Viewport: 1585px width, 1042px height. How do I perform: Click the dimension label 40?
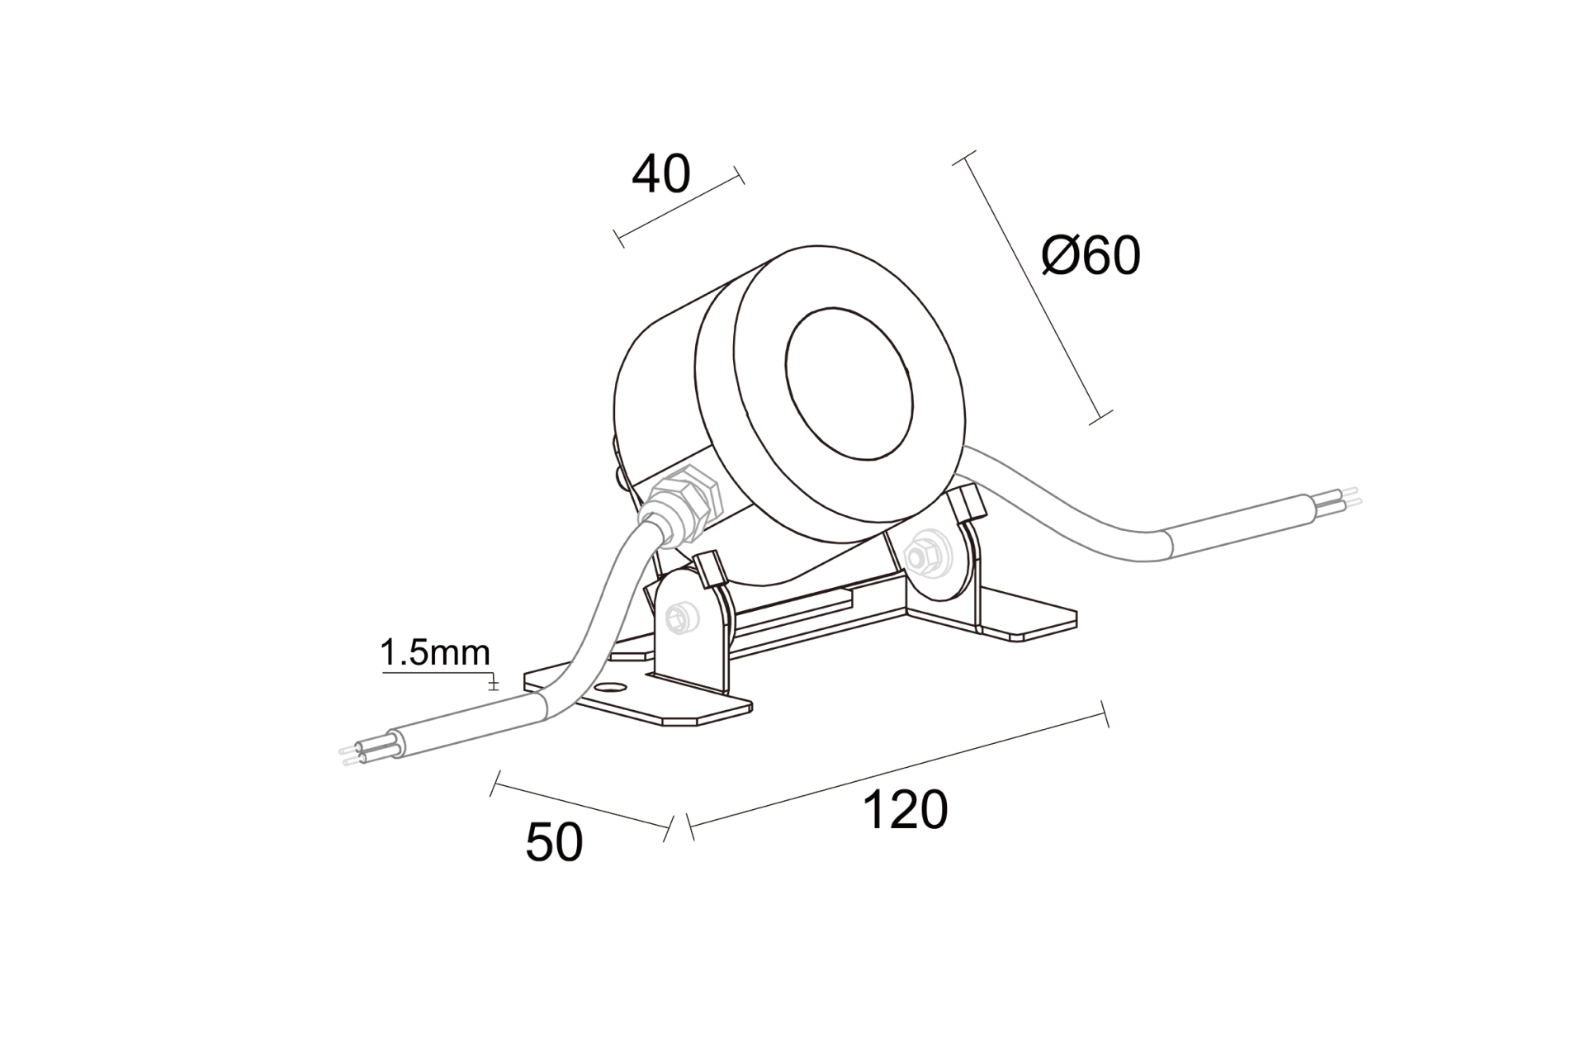[x=660, y=174]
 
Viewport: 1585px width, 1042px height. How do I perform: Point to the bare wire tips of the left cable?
[x=350, y=754]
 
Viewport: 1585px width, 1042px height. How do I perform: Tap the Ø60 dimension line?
[x=1032, y=287]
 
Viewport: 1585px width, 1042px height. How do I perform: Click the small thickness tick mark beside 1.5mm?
[x=494, y=684]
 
